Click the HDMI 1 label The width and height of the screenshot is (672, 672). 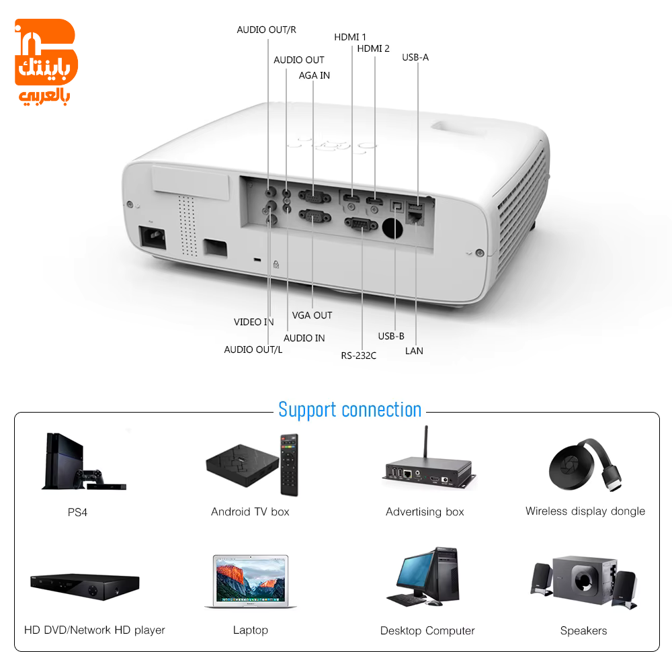tap(349, 37)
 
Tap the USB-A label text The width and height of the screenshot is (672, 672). tap(415, 57)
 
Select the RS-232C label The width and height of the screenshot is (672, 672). tap(358, 355)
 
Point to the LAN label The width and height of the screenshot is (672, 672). tap(414, 351)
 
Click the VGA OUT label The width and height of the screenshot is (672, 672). tap(312, 315)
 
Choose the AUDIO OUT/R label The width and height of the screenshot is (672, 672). tap(266, 30)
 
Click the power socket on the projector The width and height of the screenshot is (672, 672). tap(153, 237)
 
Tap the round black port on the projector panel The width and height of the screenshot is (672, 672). tap(392, 228)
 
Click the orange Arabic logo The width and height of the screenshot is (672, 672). tap(46, 62)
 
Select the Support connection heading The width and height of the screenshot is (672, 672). tap(349, 410)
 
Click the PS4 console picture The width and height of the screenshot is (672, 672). tap(84, 461)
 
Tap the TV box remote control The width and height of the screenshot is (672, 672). tap(289, 465)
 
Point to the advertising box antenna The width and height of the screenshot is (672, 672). tap(425, 442)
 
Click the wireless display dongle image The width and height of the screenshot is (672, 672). tap(585, 466)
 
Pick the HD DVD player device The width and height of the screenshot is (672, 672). tap(85, 587)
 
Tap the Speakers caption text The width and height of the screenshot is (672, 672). tap(583, 631)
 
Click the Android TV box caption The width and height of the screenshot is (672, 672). tap(250, 511)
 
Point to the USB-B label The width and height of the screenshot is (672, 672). tap(391, 337)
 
